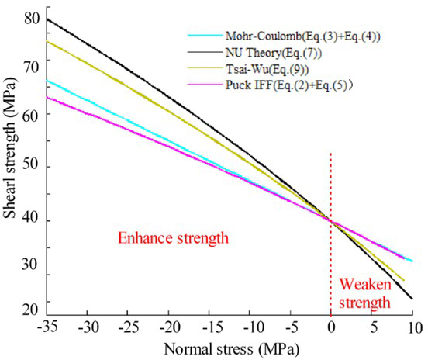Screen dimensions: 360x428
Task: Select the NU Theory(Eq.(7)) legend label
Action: (x=268, y=53)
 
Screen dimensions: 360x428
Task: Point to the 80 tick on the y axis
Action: (x=31, y=17)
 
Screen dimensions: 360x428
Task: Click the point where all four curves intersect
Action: (x=332, y=222)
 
